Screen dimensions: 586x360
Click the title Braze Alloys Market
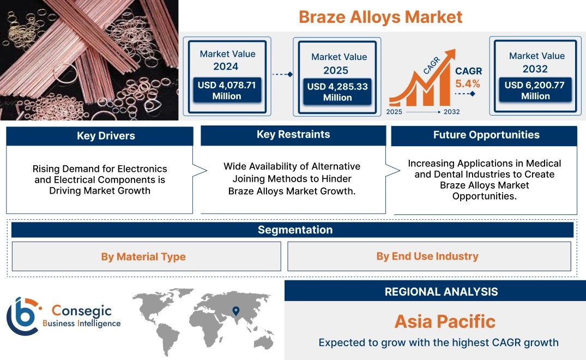coord(380,17)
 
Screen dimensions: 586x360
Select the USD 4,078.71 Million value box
coord(227,90)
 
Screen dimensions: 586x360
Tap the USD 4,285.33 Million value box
coord(337,92)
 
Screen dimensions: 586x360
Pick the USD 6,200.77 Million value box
coord(535,90)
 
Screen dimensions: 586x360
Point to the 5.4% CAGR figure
coord(468,83)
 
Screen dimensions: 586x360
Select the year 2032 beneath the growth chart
coord(451,112)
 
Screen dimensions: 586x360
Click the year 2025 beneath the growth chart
coord(394,112)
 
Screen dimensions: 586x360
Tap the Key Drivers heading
coord(106,136)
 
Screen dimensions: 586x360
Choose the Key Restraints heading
coord(293,135)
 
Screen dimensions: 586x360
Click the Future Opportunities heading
coord(486,135)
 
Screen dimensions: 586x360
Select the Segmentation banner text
coord(295,230)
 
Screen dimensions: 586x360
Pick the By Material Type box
coord(147,256)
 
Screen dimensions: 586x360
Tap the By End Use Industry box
coord(429,256)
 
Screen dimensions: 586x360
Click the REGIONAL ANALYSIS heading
coord(442,292)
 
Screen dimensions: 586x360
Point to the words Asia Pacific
coord(445,321)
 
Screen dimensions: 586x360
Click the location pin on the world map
coord(236,311)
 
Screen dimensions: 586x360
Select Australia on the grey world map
coord(264,342)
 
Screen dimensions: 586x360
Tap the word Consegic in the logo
coord(81,311)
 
